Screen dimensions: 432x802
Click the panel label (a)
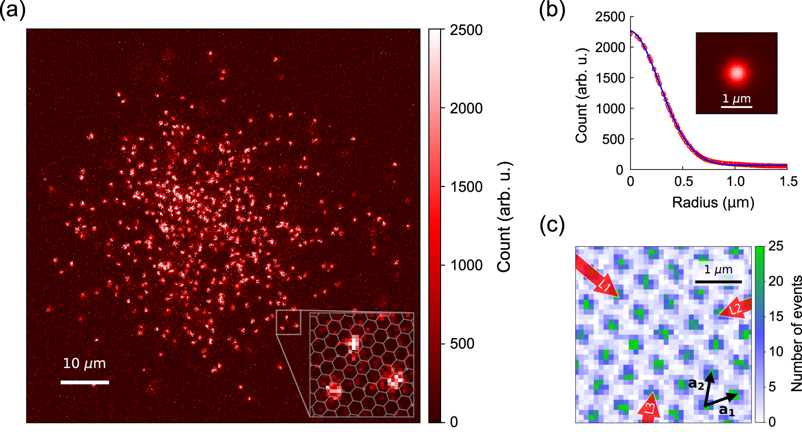[13, 10]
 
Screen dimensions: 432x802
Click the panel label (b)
[552, 10]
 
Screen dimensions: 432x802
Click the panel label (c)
[552, 225]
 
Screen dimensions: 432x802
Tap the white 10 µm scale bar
[85, 382]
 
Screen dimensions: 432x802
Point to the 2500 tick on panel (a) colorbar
[466, 30]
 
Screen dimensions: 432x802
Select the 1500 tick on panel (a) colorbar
[466, 187]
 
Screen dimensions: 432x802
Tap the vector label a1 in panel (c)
[727, 410]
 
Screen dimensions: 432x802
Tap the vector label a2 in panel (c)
[696, 384]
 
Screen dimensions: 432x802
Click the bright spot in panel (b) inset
[736, 73]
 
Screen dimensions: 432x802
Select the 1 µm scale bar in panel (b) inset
[736, 106]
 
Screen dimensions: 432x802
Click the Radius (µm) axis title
[713, 203]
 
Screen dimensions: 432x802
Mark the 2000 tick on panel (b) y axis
[610, 47]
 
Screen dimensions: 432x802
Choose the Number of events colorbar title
[795, 333]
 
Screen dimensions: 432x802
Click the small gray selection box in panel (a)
[288, 322]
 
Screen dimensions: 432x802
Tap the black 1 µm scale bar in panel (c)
[718, 282]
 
